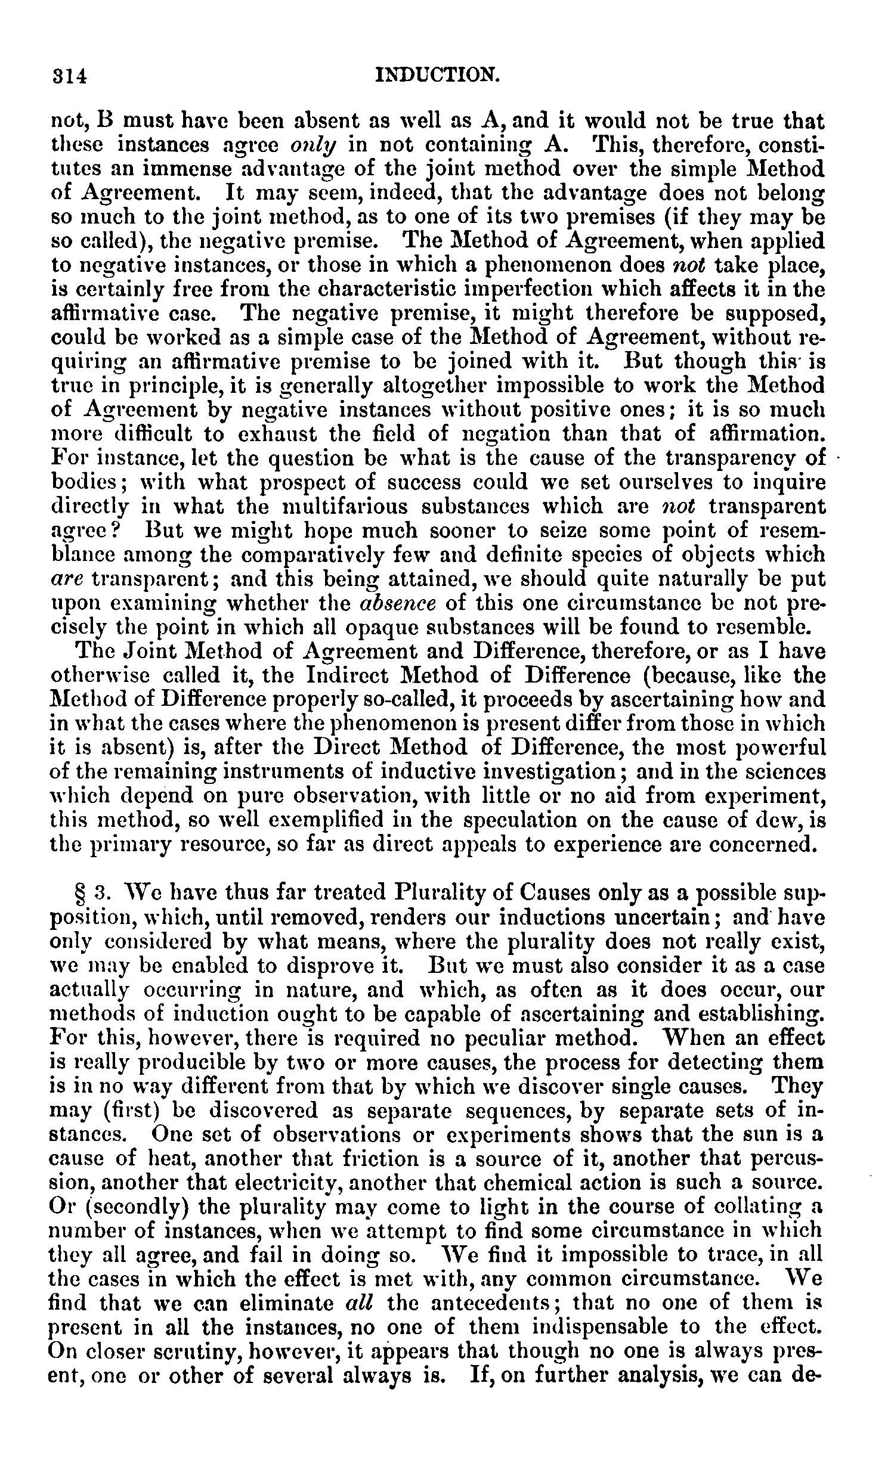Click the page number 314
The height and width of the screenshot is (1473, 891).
coord(69,76)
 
